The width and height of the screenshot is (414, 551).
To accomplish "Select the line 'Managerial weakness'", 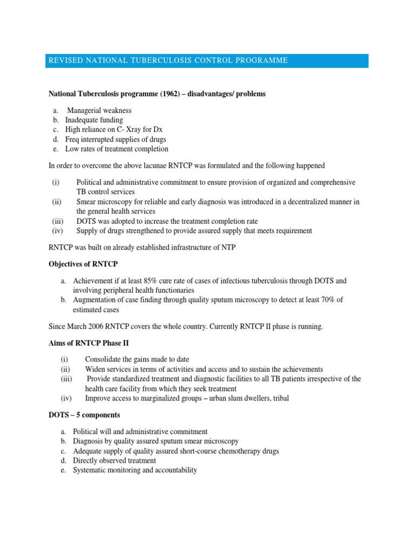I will tap(99, 110).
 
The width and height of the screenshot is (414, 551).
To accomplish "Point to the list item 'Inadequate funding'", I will tap(94, 120).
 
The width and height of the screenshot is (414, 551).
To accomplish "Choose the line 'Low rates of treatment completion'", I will tap(116, 149).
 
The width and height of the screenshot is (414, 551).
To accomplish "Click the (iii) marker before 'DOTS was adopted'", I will tap(58, 221).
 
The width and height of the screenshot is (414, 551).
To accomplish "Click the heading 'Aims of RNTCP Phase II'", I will tap(88, 343).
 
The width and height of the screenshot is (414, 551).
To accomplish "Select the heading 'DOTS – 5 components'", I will tap(84, 415).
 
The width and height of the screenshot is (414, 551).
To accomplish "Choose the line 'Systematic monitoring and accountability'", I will tap(135, 470).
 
